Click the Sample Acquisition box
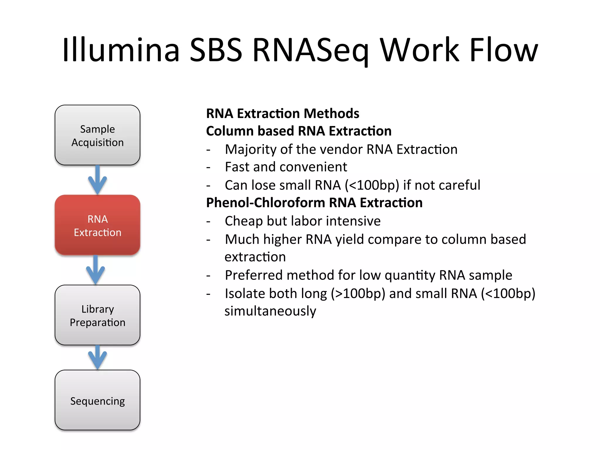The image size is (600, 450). (97, 135)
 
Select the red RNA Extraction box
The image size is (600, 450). (97, 225)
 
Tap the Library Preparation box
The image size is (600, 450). (97, 315)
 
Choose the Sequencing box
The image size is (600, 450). (97, 400)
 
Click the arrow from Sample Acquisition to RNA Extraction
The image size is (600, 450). (98, 180)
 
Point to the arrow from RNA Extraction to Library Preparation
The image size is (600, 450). (96, 270)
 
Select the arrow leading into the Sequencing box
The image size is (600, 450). (98, 357)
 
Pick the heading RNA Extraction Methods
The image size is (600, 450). (282, 113)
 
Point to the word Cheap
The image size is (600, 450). (243, 221)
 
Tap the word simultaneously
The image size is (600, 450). (270, 311)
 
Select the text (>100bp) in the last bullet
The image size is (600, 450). (358, 294)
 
